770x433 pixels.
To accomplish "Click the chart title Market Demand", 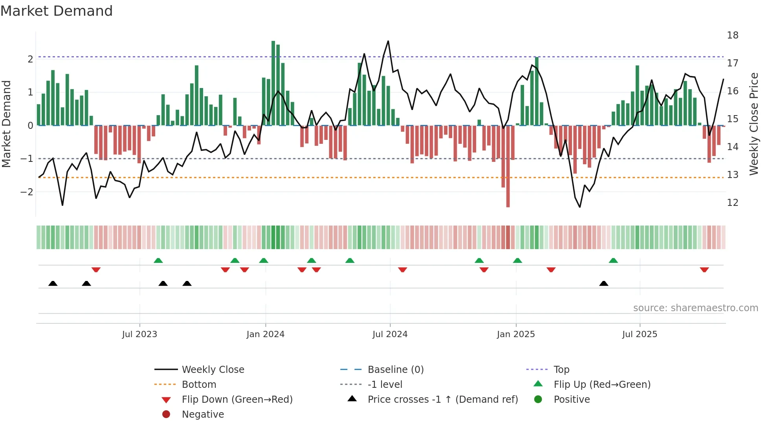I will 57,11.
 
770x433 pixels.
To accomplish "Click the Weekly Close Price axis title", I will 753,124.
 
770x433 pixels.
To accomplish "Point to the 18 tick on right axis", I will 732,35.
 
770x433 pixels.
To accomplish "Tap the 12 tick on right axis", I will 732,203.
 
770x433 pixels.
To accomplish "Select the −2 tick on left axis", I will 27,192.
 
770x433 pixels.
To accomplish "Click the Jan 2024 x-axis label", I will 265,334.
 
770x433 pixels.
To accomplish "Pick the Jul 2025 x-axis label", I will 639,334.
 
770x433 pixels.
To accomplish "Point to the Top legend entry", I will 561,370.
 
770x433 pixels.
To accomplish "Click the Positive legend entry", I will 571,400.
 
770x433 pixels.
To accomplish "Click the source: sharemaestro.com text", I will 695,308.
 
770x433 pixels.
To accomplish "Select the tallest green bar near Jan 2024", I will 273,83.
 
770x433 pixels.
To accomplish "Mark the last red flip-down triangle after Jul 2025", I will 704,270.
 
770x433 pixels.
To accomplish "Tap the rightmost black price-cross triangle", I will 604,283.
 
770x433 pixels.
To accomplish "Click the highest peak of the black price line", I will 388,41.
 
